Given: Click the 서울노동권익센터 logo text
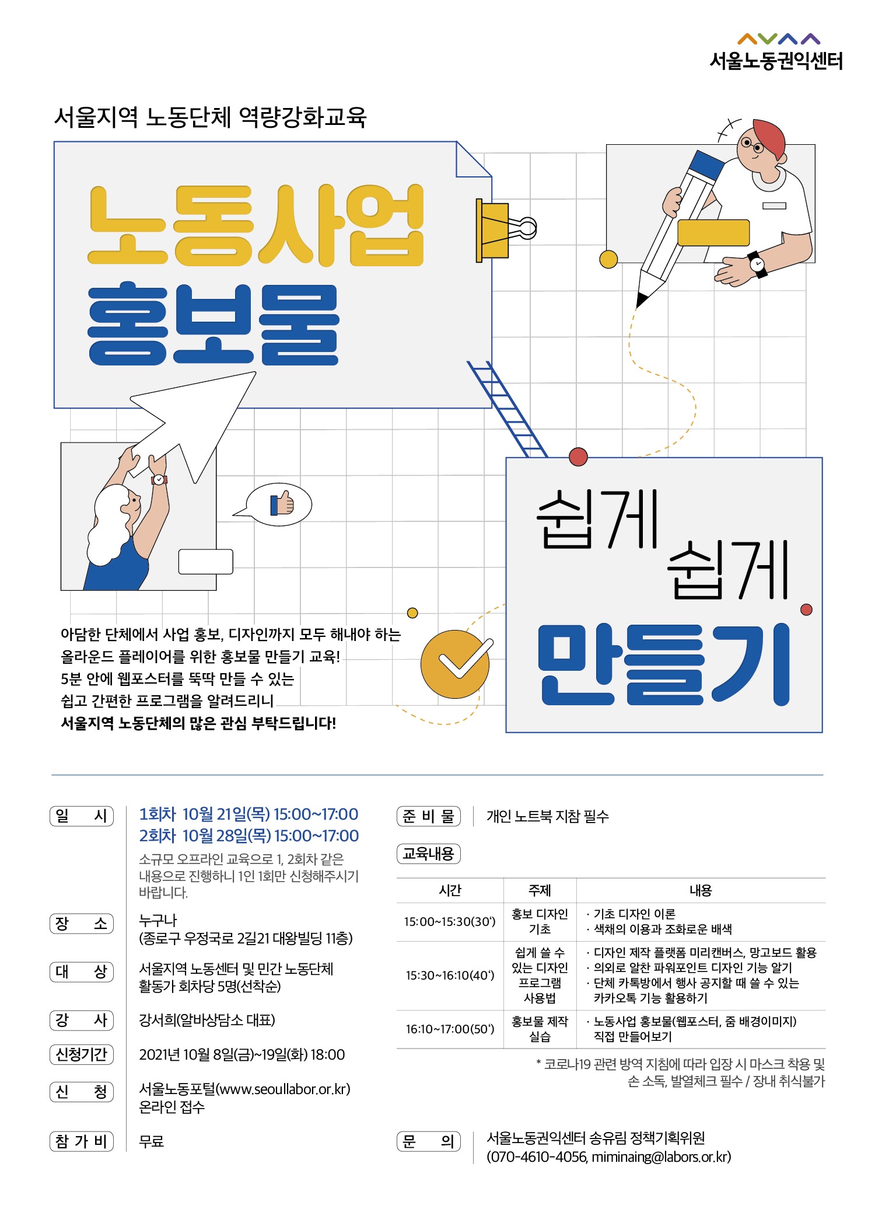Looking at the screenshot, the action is tap(776, 61).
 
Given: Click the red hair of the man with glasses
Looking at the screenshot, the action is tap(771, 138).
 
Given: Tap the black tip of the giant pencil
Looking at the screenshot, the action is tap(642, 299).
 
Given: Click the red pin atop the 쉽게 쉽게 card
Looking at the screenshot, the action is tap(578, 457).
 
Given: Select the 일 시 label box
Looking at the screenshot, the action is tap(82, 816).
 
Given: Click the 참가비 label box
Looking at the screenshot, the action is tap(82, 1141).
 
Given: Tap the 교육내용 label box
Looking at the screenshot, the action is tap(429, 854).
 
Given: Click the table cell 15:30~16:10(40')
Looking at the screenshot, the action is tap(450, 976).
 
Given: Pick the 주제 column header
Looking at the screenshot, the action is tap(540, 890).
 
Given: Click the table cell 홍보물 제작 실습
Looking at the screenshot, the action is tap(540, 1029).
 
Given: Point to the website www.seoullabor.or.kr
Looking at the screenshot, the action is tap(283, 1089).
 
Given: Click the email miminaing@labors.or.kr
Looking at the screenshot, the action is tap(660, 1157).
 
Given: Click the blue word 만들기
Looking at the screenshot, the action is tap(664, 664).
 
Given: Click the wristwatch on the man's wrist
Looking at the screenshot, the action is tap(757, 264).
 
